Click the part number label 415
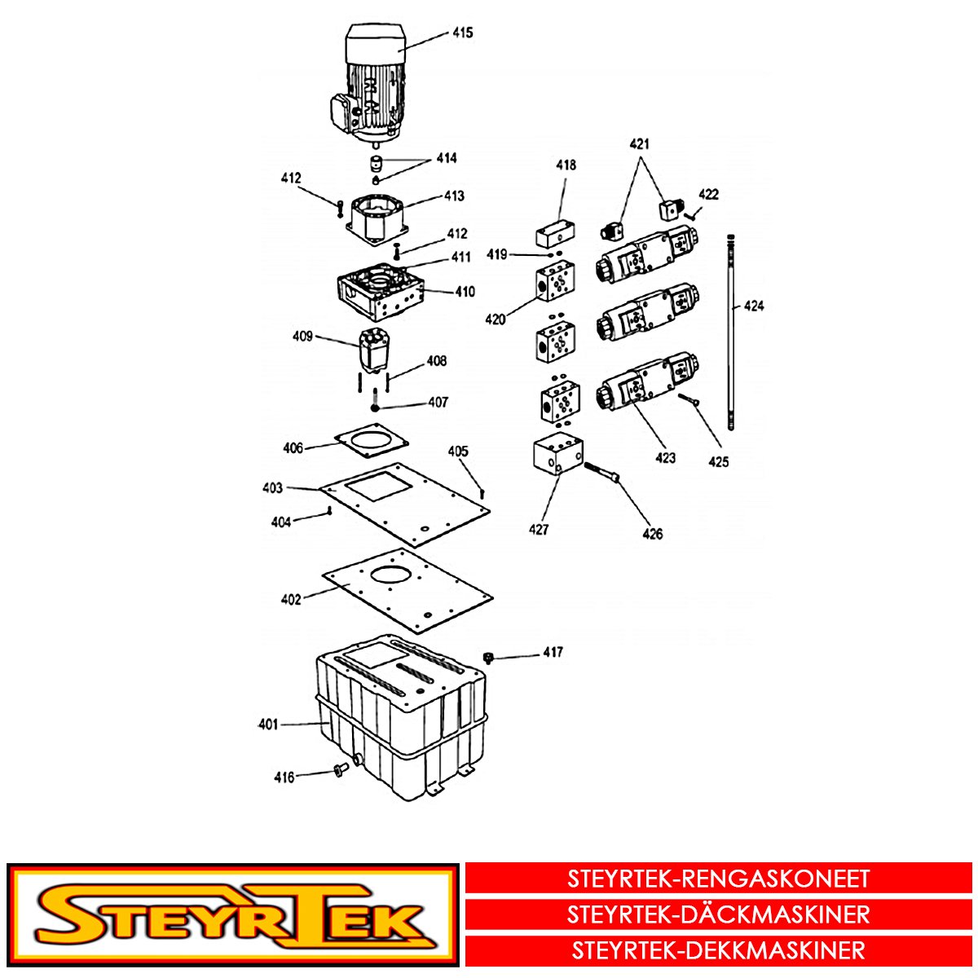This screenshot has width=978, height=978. [462, 33]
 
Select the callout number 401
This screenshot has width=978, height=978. [268, 725]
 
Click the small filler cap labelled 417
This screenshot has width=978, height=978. [489, 657]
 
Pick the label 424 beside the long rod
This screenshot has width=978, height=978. [754, 306]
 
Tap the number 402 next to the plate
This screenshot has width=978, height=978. [291, 599]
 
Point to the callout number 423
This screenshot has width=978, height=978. [665, 458]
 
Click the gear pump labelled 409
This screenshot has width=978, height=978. [374, 351]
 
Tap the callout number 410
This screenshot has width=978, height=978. [465, 292]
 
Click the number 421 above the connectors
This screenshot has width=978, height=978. [640, 144]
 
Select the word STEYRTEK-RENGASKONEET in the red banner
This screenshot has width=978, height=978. [719, 879]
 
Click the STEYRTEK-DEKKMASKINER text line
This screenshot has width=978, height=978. [719, 950]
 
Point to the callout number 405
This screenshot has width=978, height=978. [458, 452]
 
